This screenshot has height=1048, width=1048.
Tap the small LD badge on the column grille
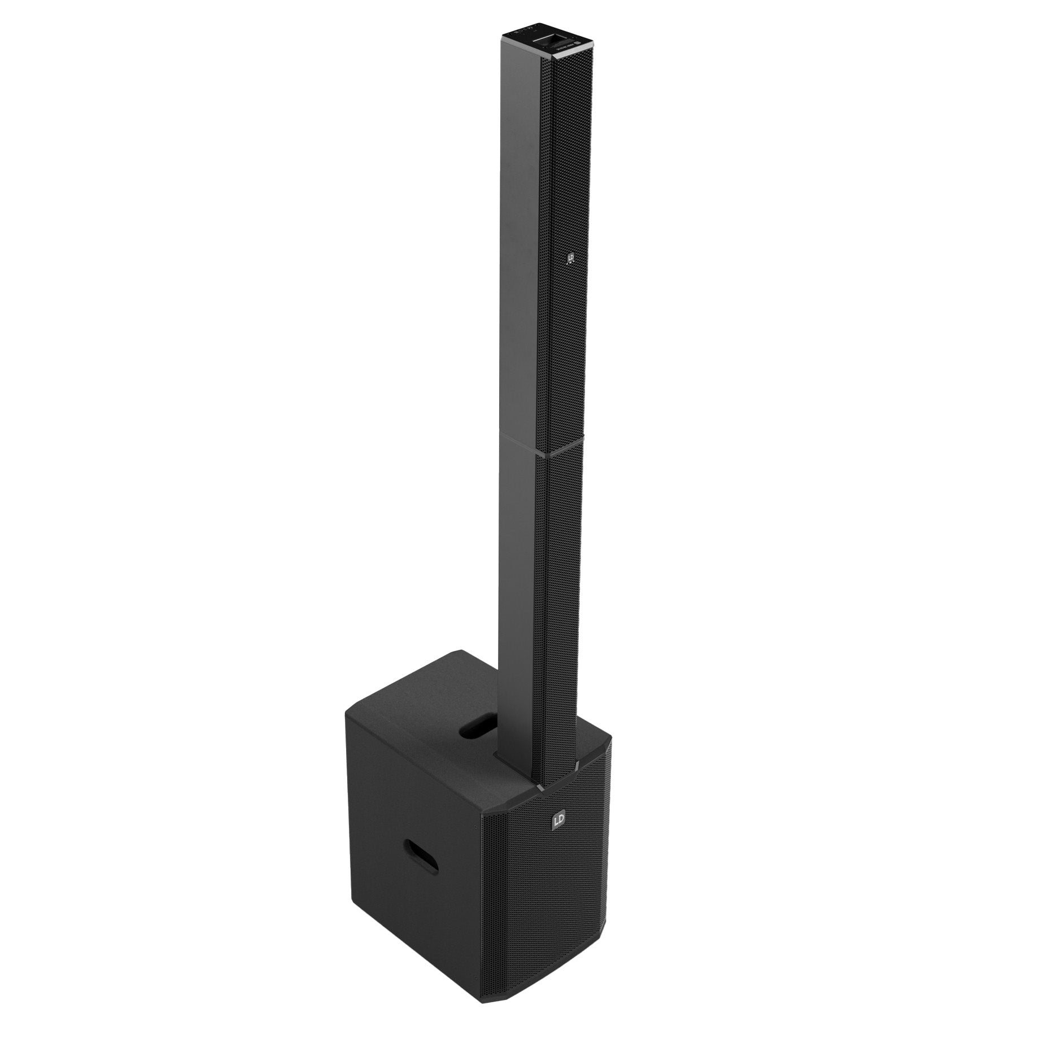571,259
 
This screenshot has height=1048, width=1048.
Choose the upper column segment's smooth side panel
522,254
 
